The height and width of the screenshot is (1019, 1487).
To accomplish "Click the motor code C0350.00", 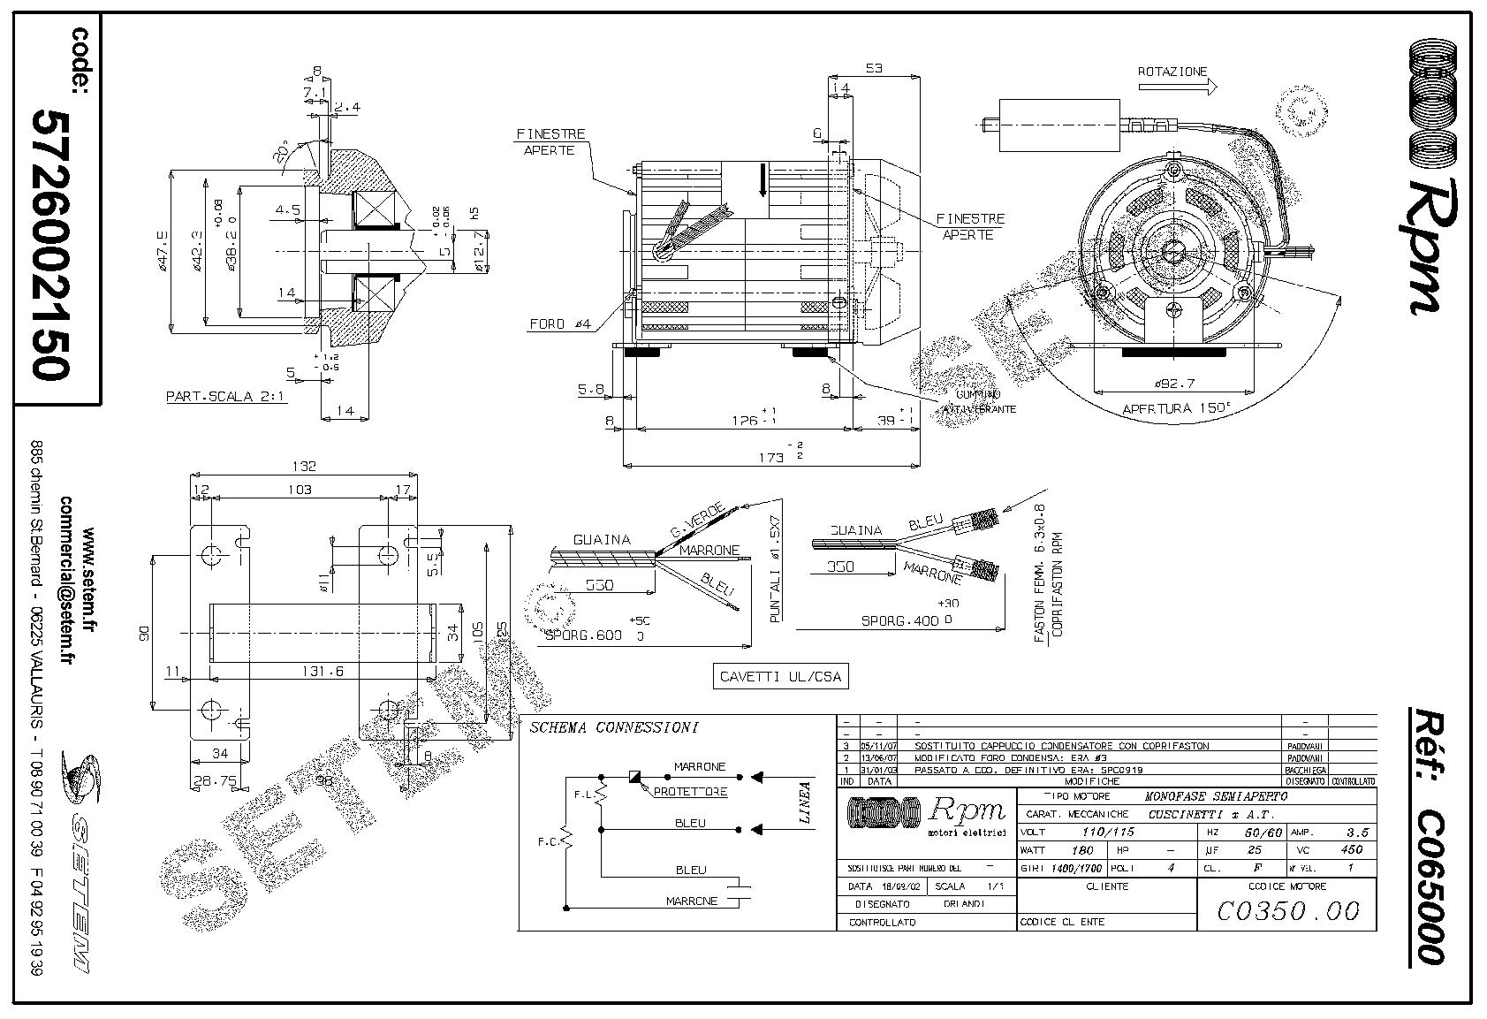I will coord(1286,909).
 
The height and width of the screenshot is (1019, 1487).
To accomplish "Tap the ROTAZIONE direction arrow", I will coord(1177,87).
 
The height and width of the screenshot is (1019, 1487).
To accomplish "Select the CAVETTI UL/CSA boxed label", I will coord(779,677).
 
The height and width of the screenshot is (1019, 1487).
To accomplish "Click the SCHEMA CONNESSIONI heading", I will coord(613,728).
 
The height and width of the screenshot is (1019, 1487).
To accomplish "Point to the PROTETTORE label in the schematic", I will coord(690,792).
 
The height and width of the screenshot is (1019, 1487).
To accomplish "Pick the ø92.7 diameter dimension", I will coord(1175,384).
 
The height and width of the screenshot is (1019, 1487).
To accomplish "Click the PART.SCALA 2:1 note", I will coord(225,397).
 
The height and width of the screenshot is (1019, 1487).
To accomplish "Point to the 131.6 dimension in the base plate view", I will coord(322,672).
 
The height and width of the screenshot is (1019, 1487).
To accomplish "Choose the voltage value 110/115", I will coord(1108,832).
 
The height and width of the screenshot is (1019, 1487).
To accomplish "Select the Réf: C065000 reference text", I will coord(1425,835).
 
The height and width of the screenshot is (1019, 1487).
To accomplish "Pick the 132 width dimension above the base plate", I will coord(305,467).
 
